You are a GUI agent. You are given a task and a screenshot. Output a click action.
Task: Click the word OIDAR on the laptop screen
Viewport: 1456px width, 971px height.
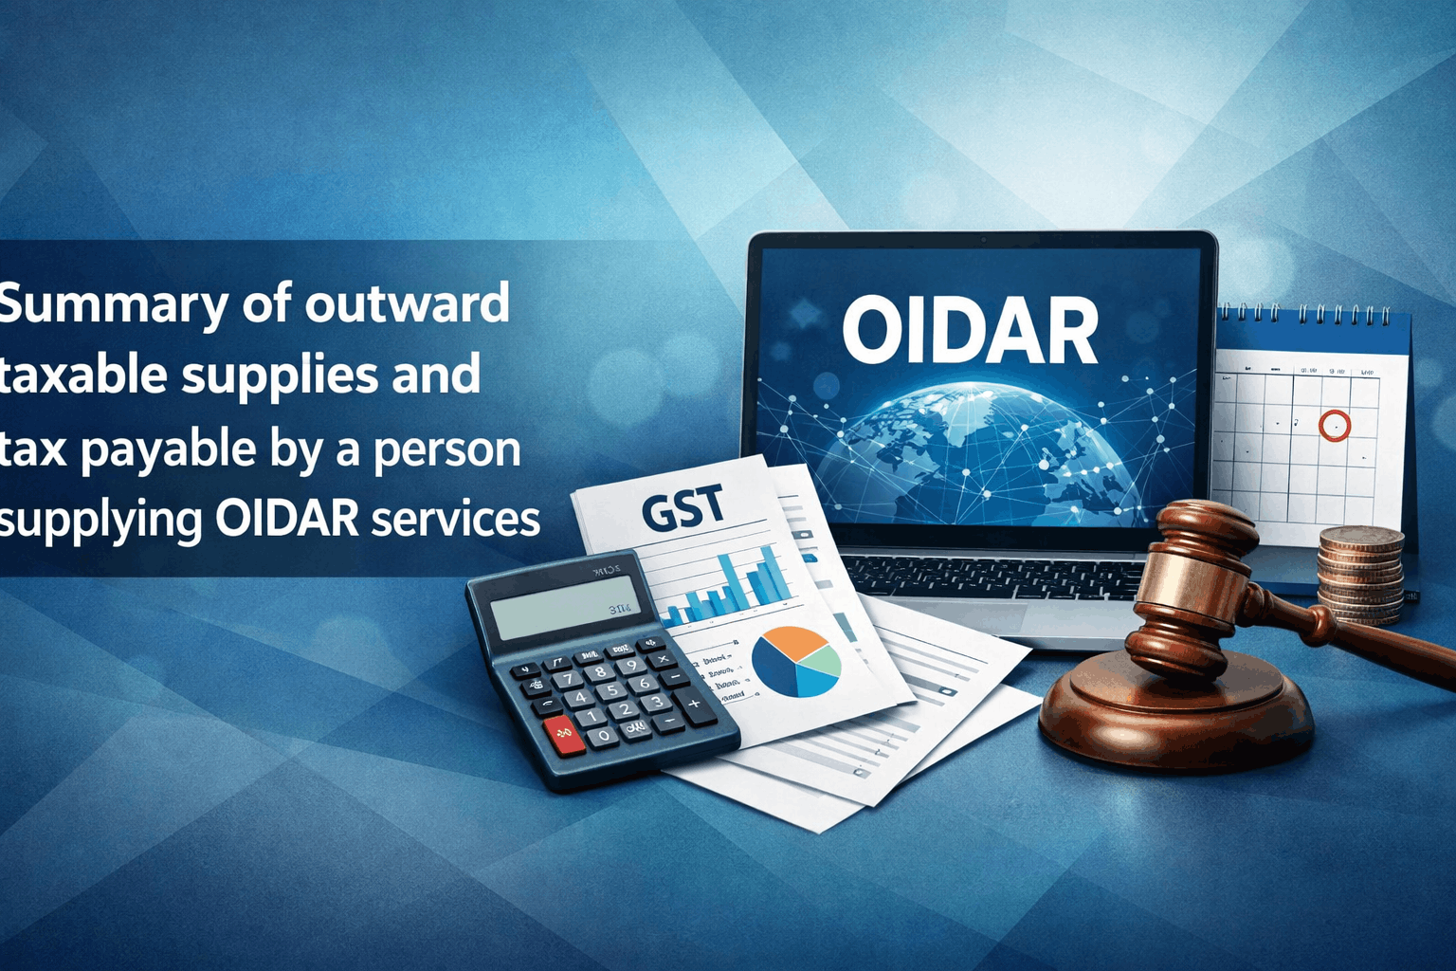969,331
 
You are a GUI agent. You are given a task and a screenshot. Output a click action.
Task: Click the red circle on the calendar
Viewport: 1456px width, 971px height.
1334,426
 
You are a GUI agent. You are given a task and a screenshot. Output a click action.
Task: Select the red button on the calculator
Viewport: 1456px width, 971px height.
564,735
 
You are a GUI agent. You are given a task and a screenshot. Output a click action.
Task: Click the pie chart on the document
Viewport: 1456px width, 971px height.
796,661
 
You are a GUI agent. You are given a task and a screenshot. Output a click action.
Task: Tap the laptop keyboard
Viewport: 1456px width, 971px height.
995,578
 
